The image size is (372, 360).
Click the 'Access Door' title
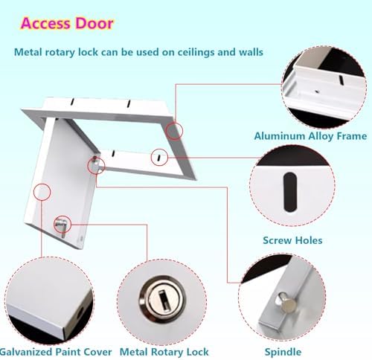click(x=67, y=22)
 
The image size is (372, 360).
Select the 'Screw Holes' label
click(x=292, y=240)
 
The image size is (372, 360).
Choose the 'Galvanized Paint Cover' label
click(x=57, y=351)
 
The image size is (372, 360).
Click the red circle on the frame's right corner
click(x=174, y=131)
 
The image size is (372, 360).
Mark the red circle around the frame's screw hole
click(x=158, y=156)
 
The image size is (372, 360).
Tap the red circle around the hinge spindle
click(x=96, y=164)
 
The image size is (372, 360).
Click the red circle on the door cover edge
click(x=42, y=192)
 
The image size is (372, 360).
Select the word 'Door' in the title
click(x=94, y=22)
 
